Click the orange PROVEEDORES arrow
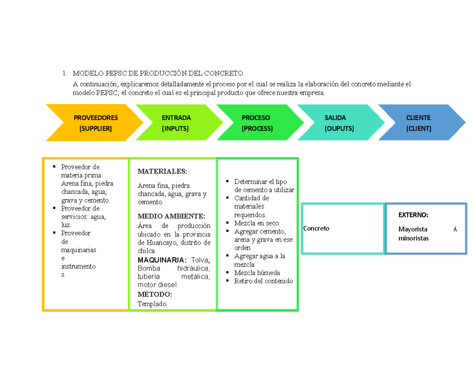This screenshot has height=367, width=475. tap(95, 123)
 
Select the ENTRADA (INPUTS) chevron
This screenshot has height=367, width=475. tap(176, 123)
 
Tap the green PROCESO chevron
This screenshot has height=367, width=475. tap(256, 123)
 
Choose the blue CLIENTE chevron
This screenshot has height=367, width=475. tap(419, 123)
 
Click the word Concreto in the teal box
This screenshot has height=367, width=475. tap(316, 228)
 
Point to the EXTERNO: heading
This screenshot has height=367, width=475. tap(413, 215)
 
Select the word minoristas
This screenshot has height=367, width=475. tap(413, 238)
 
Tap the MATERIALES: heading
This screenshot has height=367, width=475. tap(161, 171)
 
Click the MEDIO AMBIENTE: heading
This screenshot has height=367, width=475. tap(171, 216)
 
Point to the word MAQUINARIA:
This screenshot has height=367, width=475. tap(161, 260)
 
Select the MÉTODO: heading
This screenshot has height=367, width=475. tap(154, 294)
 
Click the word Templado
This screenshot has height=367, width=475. tap(152, 304)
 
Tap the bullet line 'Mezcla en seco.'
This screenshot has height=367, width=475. tap(257, 223)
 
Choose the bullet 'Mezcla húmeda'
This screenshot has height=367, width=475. tap(257, 273)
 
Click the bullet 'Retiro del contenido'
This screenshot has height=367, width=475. tap(264, 281)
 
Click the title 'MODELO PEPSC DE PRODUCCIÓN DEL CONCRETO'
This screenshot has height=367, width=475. tap(157, 74)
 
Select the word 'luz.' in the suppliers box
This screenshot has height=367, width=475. tap(66, 225)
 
